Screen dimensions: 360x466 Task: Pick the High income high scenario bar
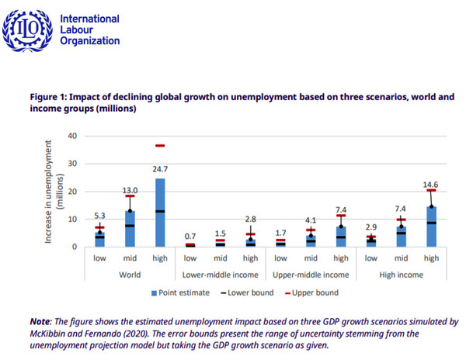431,227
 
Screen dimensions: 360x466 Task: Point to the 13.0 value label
131,190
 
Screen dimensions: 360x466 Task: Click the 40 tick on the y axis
73,136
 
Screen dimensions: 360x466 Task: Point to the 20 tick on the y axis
73,191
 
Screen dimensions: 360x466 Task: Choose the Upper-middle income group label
310,275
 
